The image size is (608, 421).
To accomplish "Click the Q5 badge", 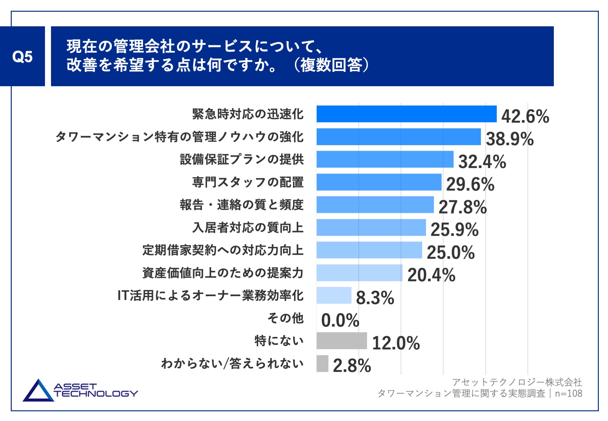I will [x=22, y=56].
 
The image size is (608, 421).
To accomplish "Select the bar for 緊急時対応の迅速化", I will [x=406, y=114].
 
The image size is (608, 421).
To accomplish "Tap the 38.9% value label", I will [x=510, y=139].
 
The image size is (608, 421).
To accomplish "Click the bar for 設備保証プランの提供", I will [x=385, y=159].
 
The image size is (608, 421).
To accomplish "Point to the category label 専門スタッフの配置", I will [x=248, y=182].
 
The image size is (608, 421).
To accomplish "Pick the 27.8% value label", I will [x=462, y=207].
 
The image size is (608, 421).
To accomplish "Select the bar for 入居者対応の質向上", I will [x=371, y=227].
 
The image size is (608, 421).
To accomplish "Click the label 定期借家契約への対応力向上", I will [x=223, y=250].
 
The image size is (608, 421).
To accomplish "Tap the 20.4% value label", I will [x=431, y=275].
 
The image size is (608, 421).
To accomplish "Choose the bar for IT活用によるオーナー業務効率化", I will [x=334, y=296].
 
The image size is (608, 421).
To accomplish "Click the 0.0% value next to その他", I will [x=340, y=320].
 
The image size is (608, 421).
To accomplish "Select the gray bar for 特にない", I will [x=341, y=341].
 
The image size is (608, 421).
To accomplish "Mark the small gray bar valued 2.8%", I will [x=322, y=364].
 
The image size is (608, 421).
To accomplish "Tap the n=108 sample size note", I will [x=568, y=393].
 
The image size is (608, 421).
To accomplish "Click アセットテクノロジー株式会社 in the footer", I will [x=517, y=382].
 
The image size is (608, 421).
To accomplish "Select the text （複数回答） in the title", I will [x=331, y=65].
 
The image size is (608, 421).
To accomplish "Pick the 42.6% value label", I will [x=525, y=116].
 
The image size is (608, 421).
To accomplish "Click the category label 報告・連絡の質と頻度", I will [x=242, y=205].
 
